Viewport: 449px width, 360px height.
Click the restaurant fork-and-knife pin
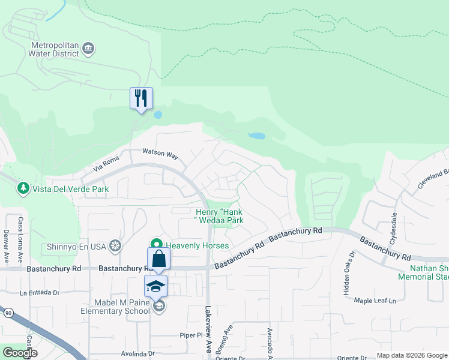[x=142, y=98]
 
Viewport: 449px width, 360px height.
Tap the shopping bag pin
[x=159, y=259]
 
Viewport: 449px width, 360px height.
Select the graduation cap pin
[x=156, y=286]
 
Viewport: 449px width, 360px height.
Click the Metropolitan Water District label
[x=55, y=49]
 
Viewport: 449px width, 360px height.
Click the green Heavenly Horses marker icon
[x=157, y=244]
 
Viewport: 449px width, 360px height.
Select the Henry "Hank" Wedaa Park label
[x=220, y=216]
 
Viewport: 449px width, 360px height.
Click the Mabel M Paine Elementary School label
[x=116, y=307]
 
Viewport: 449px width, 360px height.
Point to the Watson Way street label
[x=160, y=154]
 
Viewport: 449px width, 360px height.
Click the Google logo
[x=20, y=353]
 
